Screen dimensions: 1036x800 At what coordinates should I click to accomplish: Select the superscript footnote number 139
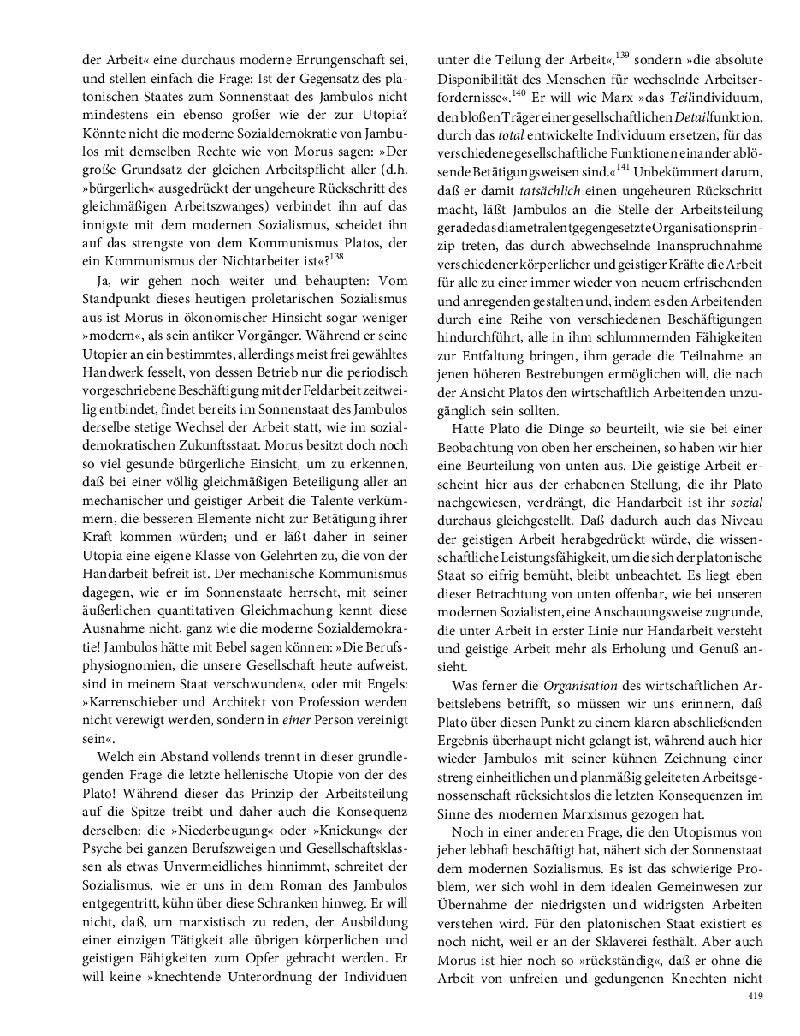622,57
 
